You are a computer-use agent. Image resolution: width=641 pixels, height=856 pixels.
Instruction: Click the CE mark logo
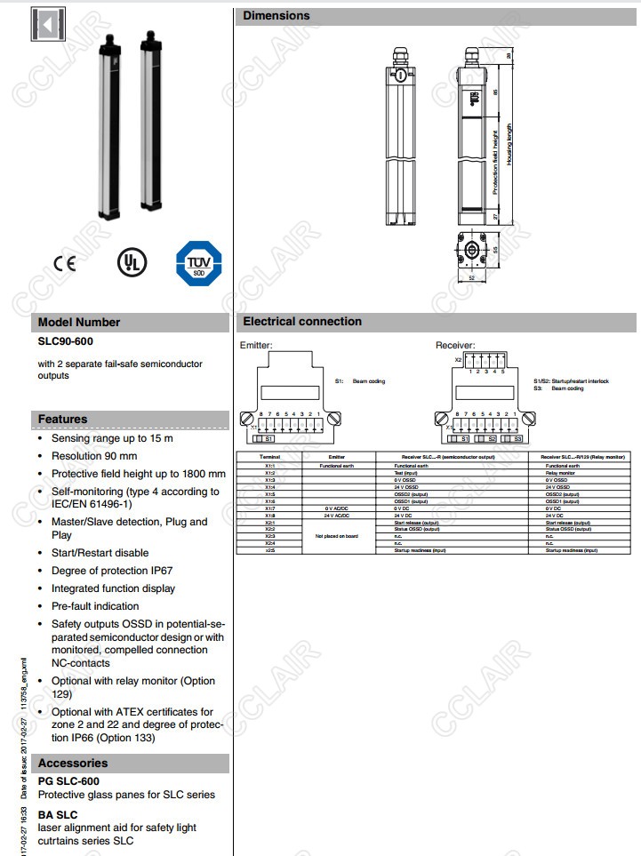coord(65,262)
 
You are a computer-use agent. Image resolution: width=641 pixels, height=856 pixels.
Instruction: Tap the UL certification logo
coord(132,261)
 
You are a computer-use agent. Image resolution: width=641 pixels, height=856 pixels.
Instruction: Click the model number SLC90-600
coord(64,340)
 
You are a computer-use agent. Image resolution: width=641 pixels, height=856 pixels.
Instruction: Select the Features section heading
coord(62,419)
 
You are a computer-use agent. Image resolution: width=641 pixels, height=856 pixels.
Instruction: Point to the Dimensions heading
coord(276,15)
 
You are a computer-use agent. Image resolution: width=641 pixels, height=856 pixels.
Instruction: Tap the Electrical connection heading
coord(302,321)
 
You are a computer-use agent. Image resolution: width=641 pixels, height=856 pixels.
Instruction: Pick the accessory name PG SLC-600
coord(68,780)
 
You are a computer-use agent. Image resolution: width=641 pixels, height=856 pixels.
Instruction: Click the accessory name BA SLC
coord(58,813)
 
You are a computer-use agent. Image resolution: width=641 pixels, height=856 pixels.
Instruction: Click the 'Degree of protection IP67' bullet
coord(113,571)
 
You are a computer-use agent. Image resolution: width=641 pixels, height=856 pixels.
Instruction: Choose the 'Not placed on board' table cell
coord(337,537)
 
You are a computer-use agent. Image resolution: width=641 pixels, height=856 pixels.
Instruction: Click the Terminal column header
coord(269,456)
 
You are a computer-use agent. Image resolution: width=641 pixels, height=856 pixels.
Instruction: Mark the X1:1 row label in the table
coord(269,465)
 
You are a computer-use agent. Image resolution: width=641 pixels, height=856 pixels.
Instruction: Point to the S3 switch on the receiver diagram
coord(515,438)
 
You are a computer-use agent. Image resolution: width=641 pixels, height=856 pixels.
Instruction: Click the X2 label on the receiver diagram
coord(459,360)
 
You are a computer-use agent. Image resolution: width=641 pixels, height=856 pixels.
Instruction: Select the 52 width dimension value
coord(471,278)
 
